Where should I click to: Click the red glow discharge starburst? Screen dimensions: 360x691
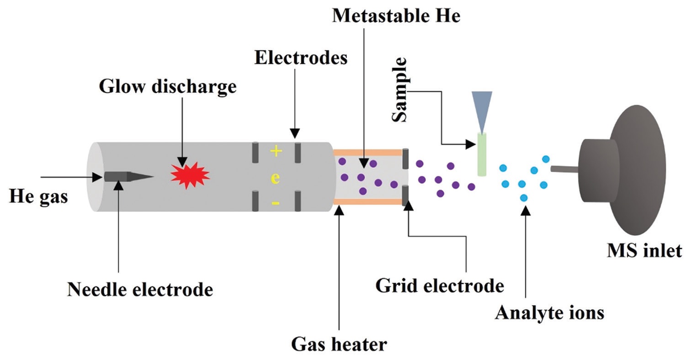point(190,174)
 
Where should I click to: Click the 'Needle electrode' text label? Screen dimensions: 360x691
point(140,289)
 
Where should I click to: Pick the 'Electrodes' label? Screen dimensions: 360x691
point(301,58)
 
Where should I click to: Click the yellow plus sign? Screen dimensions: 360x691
point(276,151)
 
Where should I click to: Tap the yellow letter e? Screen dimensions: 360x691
point(275,178)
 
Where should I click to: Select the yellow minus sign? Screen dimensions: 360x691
point(276,202)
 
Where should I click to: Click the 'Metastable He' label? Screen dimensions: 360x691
point(396,16)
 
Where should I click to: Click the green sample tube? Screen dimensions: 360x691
point(482,154)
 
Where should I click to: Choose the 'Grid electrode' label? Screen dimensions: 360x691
point(439,286)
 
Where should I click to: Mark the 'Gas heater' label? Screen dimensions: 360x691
point(339,344)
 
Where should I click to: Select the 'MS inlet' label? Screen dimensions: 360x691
point(644,250)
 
